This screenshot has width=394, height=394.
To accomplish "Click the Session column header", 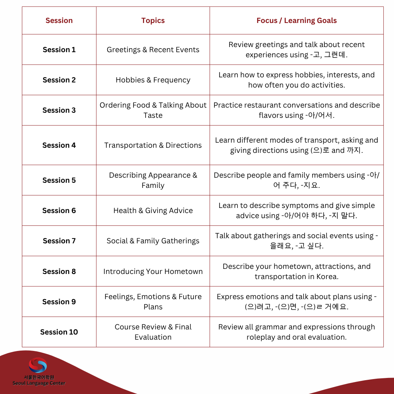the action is pos(59,20).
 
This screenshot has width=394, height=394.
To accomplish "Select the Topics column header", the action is pos(153,20).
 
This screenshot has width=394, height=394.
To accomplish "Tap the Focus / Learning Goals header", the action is pos(296,20).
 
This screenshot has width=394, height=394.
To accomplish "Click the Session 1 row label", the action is pos(59,50).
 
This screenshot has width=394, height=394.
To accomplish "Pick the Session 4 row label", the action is pos(59,145).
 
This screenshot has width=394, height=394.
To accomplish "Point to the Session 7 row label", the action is pos(59,241).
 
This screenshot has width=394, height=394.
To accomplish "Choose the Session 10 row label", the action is pos(59,332).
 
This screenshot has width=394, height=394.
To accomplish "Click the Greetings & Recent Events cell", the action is pos(153,50).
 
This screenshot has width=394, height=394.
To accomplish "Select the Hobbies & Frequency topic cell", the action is pos(153,80).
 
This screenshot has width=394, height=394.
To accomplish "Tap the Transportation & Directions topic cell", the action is pos(153,145).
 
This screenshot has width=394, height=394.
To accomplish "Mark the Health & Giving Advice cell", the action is pos(153,210).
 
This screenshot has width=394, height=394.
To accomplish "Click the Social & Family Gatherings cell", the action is pos(153,241).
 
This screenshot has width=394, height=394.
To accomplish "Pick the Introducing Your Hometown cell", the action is pos(153,271).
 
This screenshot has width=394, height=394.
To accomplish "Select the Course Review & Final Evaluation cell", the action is pos(153,332).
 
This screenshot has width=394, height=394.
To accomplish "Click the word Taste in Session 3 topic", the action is pos(153,115).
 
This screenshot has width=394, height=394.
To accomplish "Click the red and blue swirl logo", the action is pos(38,365).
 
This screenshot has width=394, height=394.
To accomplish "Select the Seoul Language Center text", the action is pos(39,383).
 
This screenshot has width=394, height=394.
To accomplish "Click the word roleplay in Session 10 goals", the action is pos(263,337).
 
